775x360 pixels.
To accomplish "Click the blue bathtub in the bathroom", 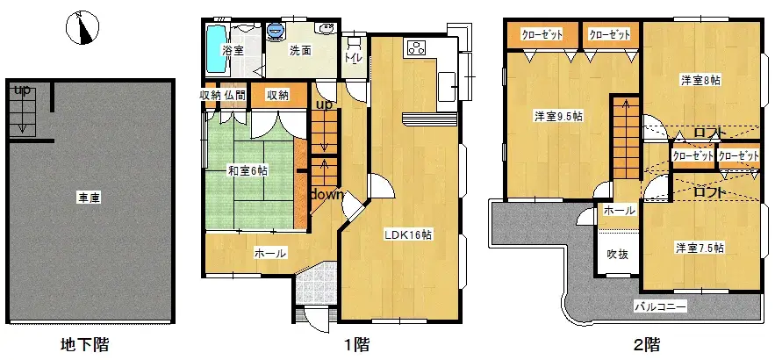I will coord(214,49).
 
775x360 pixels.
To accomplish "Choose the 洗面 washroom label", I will coord(300,50).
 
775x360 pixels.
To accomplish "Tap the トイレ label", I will coord(354,58).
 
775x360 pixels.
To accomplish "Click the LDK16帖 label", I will coord(406,235).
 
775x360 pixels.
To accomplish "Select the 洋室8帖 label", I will coord(700,80).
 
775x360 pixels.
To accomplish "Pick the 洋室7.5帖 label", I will coord(699,248).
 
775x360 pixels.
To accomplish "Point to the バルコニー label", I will coord(660,306).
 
